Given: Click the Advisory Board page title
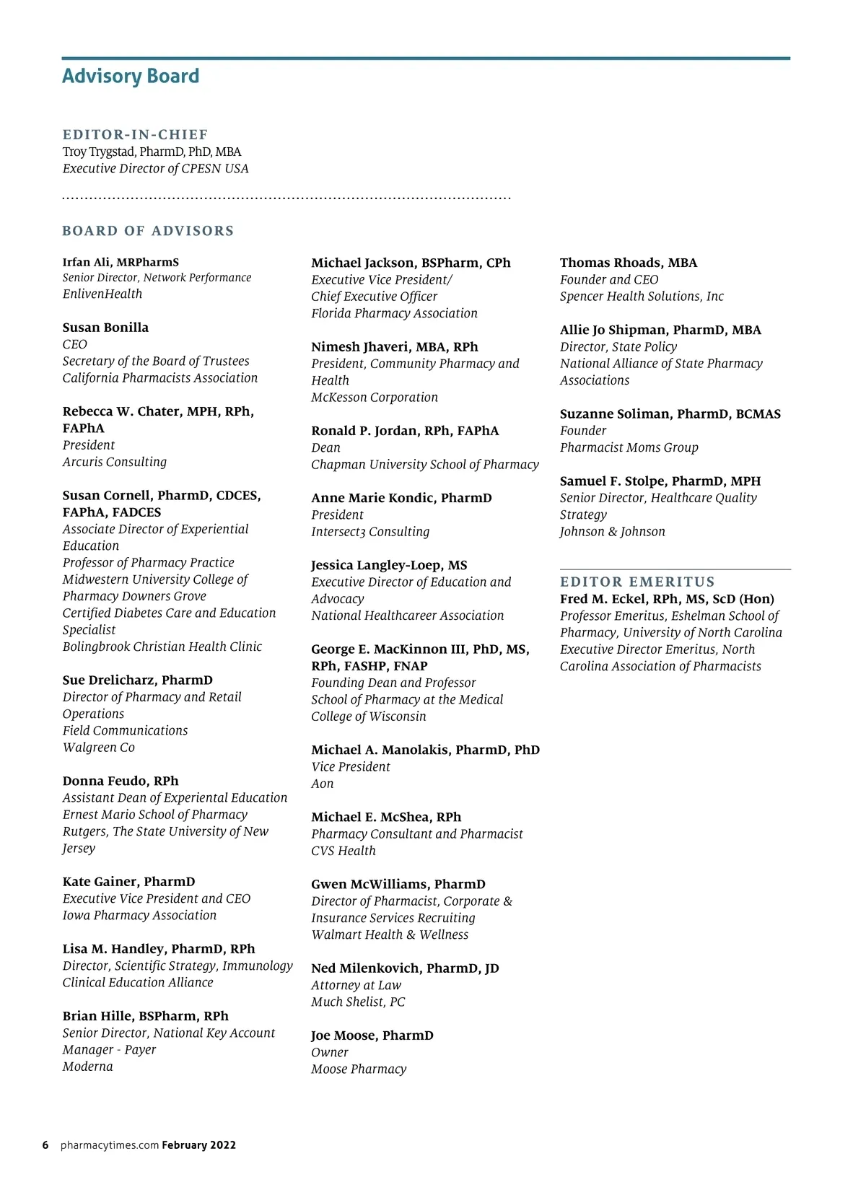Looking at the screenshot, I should point(131,76).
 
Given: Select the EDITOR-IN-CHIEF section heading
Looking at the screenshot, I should point(135,135).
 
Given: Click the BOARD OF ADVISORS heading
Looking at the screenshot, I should point(148,231).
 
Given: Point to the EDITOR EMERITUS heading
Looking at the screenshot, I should point(637,582).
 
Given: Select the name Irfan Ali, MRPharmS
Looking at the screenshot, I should point(121,263).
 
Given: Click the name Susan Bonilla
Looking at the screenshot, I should point(105,328).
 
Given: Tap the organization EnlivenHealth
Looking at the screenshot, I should point(102,294).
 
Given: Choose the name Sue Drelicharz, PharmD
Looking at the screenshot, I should point(137,680).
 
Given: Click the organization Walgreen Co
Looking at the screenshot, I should point(99,748).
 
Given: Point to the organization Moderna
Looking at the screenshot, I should point(87,1067).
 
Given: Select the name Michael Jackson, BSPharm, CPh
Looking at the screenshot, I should point(411,263).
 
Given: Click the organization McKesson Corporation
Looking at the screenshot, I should point(375,398).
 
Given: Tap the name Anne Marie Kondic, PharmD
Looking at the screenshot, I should point(401,498).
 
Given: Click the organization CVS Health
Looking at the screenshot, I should point(344,851).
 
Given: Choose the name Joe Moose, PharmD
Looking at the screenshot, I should point(372,1036).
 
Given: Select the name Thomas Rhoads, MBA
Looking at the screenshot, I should point(629,263).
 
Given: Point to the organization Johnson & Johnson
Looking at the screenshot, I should point(613,532).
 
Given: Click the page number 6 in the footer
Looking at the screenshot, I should point(45,1145).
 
